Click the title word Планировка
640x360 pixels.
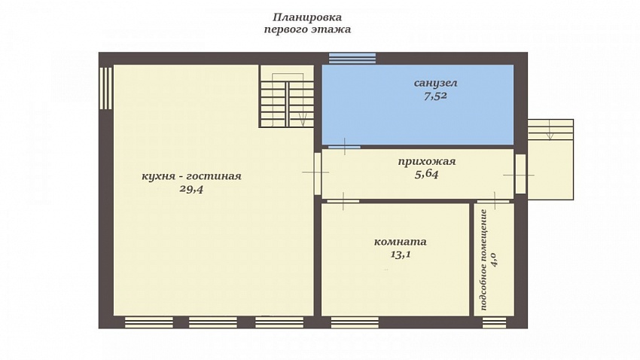(307, 17)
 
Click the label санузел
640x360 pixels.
(435, 84)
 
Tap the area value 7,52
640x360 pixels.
(435, 96)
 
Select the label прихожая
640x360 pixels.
(426, 162)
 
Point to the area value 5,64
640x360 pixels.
(426, 174)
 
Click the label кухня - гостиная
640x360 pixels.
(191, 176)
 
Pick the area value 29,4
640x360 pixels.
(191, 189)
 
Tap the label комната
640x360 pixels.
(401, 242)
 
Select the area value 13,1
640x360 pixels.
(401, 255)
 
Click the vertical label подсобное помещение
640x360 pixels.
(484, 260)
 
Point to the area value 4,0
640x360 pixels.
(494, 260)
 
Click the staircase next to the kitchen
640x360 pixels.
(288, 96)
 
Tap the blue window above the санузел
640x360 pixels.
(352, 58)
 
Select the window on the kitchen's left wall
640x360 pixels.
(105, 89)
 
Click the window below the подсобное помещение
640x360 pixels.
(494, 322)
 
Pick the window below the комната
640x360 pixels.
(355, 322)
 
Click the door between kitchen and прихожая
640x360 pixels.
(318, 173)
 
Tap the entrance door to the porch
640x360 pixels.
(520, 174)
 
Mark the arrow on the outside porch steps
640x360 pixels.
(550, 130)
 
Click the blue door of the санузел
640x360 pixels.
(345, 147)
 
